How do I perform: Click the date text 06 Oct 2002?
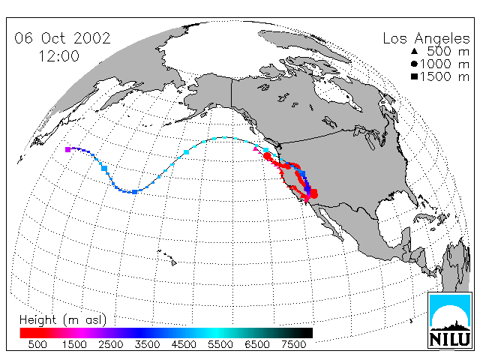pyautogui.click(x=62, y=38)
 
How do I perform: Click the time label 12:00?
pyautogui.click(x=59, y=56)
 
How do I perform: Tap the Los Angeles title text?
pyautogui.click(x=426, y=39)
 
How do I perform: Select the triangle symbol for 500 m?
pyautogui.click(x=414, y=51)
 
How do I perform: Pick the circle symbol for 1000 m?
pyautogui.click(x=414, y=64)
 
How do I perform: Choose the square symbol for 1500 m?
pyautogui.click(x=414, y=76)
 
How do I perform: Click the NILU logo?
pyautogui.click(x=450, y=320)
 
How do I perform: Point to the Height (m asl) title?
pyautogui.click(x=63, y=320)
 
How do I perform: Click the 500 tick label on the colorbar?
pyautogui.click(x=37, y=344)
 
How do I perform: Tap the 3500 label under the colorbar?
pyautogui.click(x=147, y=344)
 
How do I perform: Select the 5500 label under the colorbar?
pyautogui.click(x=220, y=344)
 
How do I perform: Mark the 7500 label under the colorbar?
pyautogui.click(x=293, y=344)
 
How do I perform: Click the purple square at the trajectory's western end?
pyautogui.click(x=67, y=149)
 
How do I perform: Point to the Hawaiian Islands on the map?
pyautogui.click(x=168, y=256)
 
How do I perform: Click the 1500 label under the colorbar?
pyautogui.click(x=74, y=344)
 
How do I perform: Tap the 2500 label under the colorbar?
pyautogui.click(x=110, y=344)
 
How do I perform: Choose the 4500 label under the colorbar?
pyautogui.click(x=184, y=344)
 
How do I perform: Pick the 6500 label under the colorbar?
pyautogui.click(x=257, y=344)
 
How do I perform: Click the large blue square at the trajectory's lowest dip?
pyautogui.click(x=134, y=192)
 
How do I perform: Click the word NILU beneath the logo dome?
pyautogui.click(x=450, y=339)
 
